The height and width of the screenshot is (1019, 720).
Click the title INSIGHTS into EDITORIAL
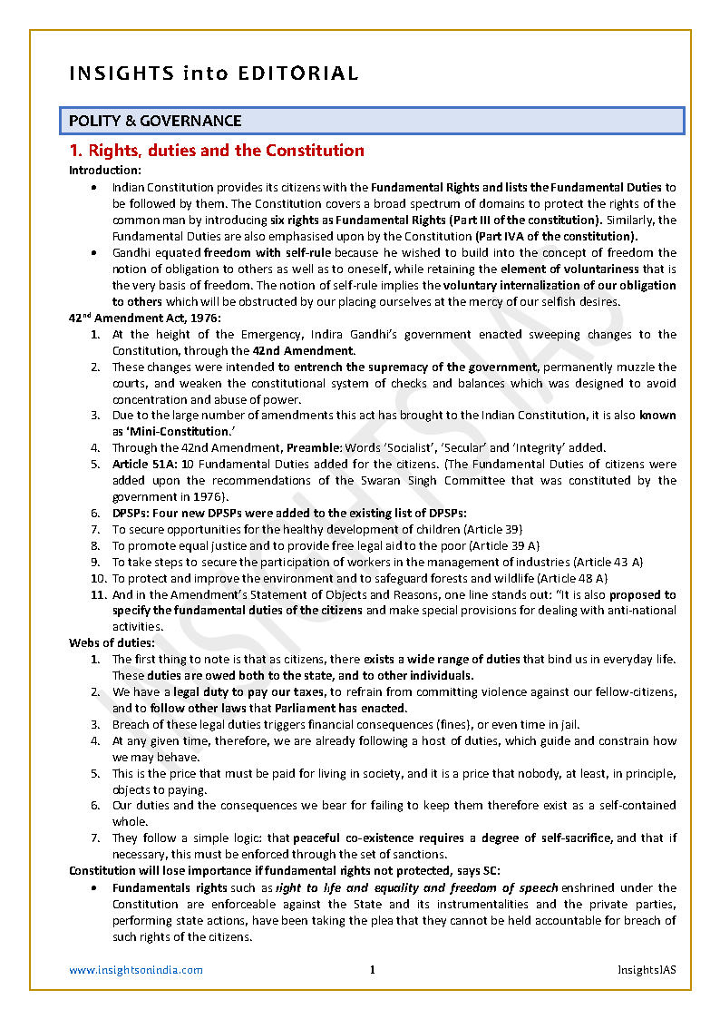pyautogui.click(x=214, y=73)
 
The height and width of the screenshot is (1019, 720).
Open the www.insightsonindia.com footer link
pyautogui.click(x=136, y=970)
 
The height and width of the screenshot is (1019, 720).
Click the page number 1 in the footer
pyautogui.click(x=372, y=970)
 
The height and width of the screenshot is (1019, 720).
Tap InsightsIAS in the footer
pyautogui.click(x=647, y=970)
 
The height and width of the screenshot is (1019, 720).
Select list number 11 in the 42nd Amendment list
pyautogui.click(x=99, y=594)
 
